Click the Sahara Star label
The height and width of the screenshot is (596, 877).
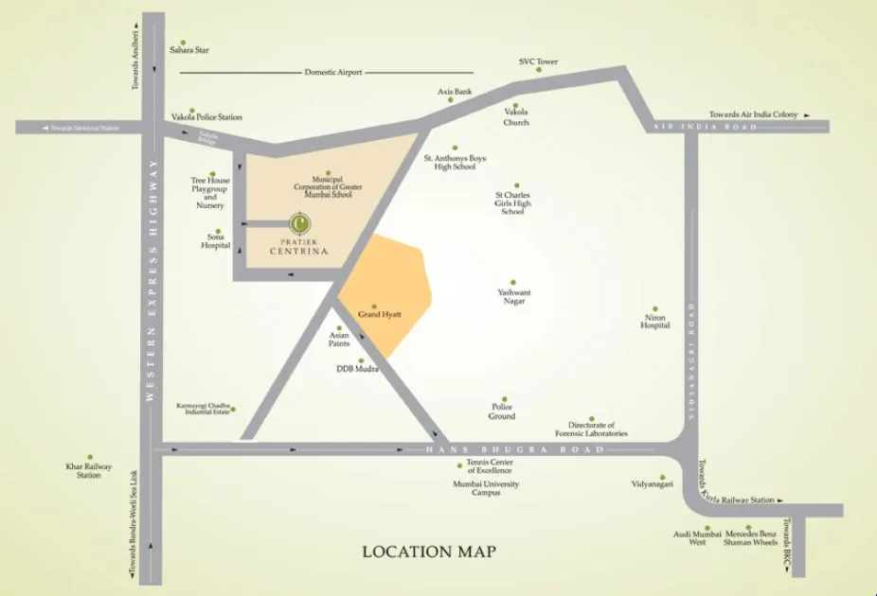click(189, 50)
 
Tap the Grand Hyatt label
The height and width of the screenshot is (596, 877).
click(374, 314)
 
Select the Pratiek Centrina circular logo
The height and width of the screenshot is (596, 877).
click(298, 223)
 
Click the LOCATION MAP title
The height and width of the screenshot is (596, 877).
click(429, 552)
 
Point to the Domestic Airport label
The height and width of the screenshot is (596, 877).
click(333, 73)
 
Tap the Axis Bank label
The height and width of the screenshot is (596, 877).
click(455, 92)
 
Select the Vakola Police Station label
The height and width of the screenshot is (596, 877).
click(206, 117)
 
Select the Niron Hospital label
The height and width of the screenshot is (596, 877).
click(654, 321)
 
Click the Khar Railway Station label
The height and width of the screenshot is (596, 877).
click(89, 471)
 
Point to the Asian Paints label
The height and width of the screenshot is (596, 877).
click(339, 339)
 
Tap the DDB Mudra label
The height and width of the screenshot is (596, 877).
click(357, 369)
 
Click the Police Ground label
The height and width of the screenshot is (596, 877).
click(502, 412)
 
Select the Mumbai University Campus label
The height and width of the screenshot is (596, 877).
click(486, 488)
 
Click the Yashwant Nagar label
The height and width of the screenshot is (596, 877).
click(513, 297)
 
